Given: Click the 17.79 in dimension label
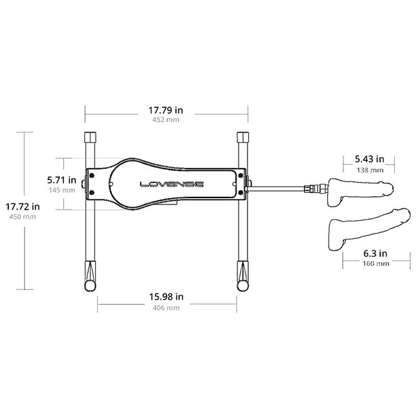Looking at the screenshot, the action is (165, 110).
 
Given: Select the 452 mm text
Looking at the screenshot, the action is (166, 120).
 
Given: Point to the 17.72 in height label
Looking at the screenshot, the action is (23, 206).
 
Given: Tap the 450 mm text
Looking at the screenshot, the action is (23, 217).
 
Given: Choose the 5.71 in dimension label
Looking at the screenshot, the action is (62, 180).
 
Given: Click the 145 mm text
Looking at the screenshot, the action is (62, 190).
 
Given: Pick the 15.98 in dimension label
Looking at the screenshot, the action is (166, 296).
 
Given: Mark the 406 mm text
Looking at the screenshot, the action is (166, 308).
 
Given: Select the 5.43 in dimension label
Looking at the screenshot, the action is (370, 159).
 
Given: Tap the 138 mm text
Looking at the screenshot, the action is (370, 170).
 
